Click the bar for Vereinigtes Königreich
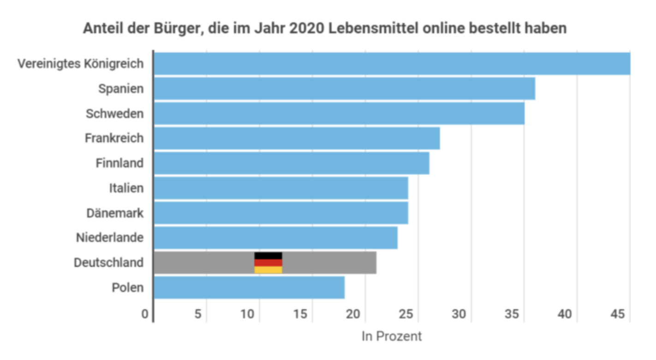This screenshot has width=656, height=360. [x=392, y=64]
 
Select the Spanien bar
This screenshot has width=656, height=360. [x=344, y=89]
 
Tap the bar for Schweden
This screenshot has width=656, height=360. [x=339, y=114]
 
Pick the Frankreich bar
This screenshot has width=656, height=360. [x=297, y=138]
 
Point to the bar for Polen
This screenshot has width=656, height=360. [x=249, y=288]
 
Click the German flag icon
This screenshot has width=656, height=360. [x=268, y=263]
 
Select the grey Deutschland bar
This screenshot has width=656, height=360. [x=323, y=263]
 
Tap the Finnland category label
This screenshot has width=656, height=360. [x=119, y=163]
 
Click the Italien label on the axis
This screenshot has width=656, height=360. [x=126, y=188]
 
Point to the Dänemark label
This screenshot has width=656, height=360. [x=115, y=213]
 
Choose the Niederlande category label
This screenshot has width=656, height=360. [x=110, y=238]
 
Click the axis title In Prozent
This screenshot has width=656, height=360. [x=392, y=336]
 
